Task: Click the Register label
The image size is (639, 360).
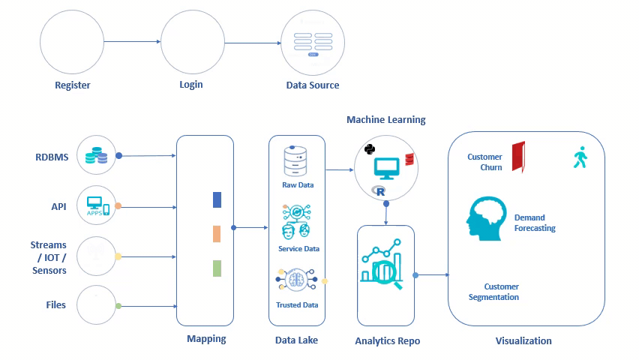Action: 73,85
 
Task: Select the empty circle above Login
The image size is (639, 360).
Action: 193,43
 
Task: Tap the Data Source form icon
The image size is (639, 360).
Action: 313,43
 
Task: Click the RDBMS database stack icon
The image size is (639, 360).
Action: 95,154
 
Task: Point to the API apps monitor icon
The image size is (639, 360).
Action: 98,205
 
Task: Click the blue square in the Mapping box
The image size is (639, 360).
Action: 217,199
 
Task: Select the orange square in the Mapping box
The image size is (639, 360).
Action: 217,234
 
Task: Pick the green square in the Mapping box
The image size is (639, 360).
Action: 217,268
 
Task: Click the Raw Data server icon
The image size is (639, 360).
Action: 296,161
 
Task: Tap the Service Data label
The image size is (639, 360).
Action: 298,249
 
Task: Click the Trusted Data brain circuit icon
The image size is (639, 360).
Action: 298,280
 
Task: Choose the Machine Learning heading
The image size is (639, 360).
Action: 385,120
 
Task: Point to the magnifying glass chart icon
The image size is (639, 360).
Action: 382,266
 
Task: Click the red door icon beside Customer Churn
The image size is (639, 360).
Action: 518,157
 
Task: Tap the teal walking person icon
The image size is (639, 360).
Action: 579,157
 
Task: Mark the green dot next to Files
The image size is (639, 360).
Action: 118,306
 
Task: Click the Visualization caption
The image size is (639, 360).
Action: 523,341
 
